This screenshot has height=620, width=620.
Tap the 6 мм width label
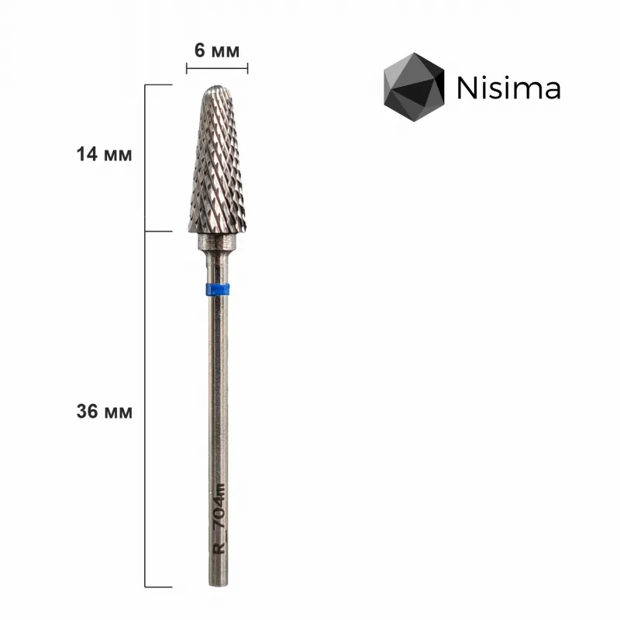click(x=217, y=50)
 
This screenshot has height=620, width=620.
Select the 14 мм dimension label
click(x=105, y=154)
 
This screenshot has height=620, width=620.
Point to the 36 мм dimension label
click(x=105, y=412)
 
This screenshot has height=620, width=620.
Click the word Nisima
click(x=508, y=88)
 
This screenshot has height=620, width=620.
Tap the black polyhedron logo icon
click(x=415, y=88)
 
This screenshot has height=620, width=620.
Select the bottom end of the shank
click(x=217, y=585)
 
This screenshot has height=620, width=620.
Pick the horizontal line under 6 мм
click(x=217, y=68)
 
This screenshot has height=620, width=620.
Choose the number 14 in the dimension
click(x=88, y=154)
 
